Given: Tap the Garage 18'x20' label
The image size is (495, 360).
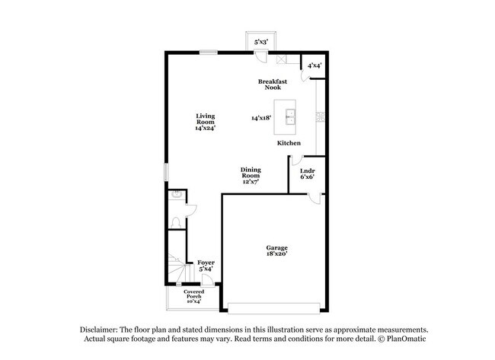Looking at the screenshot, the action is [x=277, y=250].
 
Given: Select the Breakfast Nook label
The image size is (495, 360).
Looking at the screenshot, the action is [x=273, y=84].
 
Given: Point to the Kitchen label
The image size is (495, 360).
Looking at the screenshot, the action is [x=289, y=143].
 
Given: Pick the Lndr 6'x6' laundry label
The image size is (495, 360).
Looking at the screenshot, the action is [x=308, y=174].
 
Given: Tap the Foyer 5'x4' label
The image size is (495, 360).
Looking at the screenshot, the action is [x=206, y=266].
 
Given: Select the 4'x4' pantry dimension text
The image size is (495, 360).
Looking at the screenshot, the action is [x=315, y=65].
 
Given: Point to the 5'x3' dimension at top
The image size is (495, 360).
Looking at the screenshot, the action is [x=261, y=42].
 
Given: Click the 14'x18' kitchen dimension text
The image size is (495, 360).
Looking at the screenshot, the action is [x=261, y=118].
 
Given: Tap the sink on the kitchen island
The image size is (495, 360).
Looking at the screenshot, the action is [x=290, y=117].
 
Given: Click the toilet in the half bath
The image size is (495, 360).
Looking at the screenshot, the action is [x=176, y=222].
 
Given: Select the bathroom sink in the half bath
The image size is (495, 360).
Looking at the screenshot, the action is [x=176, y=195].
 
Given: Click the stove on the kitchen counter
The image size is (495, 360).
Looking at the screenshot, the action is [x=321, y=116].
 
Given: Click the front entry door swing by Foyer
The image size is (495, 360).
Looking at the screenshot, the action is [x=207, y=280].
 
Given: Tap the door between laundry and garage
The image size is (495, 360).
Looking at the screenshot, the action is [x=315, y=199].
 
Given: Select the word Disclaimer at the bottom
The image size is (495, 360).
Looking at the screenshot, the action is [x=99, y=330].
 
